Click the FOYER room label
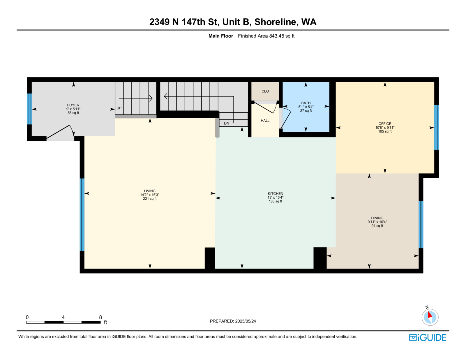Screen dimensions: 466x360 tap(73, 105)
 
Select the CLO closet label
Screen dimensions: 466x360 tap(265, 91)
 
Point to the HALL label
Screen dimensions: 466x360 tap(265, 121)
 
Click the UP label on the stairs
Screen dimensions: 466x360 tap(119, 108)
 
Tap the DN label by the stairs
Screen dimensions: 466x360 tap(227, 123)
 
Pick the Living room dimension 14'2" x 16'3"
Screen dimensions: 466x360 tap(150, 195)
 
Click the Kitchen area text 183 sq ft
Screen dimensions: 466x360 tap(275, 201)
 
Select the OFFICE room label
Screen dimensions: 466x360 tap(385, 124)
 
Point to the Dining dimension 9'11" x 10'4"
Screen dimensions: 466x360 tap(377, 222)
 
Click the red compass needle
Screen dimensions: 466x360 tap(430, 315)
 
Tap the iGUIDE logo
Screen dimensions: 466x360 tap(428, 338)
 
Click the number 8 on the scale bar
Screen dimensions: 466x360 tap(100, 317)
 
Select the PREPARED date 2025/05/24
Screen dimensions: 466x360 tap(245, 321)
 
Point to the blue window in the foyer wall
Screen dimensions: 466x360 tap(29, 109)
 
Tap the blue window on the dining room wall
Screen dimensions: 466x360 tap(421, 225)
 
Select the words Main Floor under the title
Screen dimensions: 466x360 tap(221, 36)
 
